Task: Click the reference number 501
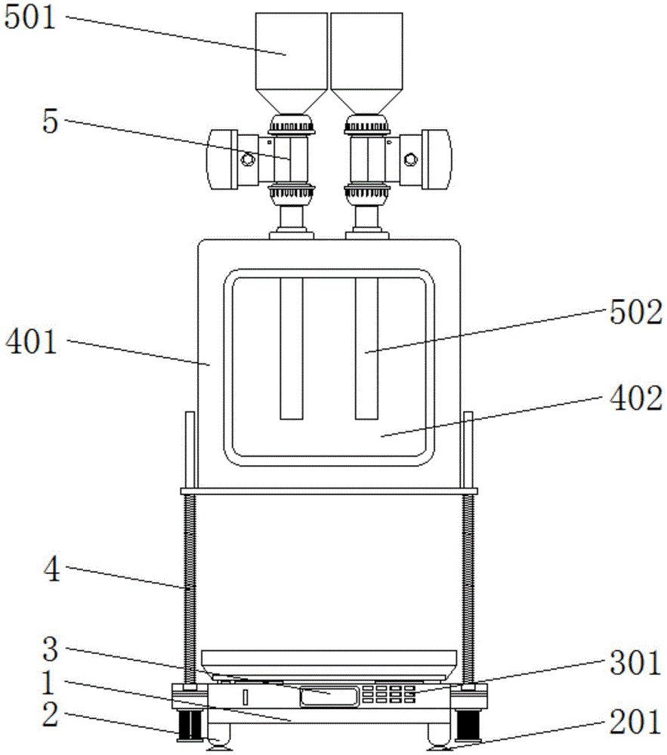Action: click(30, 19)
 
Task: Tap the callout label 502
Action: click(636, 313)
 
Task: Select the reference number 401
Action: click(31, 342)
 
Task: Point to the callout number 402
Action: click(636, 399)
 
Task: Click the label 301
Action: click(636, 663)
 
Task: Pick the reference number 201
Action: click(636, 723)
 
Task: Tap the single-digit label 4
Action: click(51, 570)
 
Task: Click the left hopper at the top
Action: click(292, 63)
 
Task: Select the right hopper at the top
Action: click(367, 63)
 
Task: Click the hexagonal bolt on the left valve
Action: click(249, 159)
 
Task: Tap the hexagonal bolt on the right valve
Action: click(410, 159)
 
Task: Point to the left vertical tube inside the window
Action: click(292, 348)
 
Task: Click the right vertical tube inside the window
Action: click(366, 348)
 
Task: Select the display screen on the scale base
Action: click(329, 697)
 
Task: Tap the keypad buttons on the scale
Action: click(388, 694)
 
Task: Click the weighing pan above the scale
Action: click(329, 664)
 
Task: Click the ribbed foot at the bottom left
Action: click(190, 725)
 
